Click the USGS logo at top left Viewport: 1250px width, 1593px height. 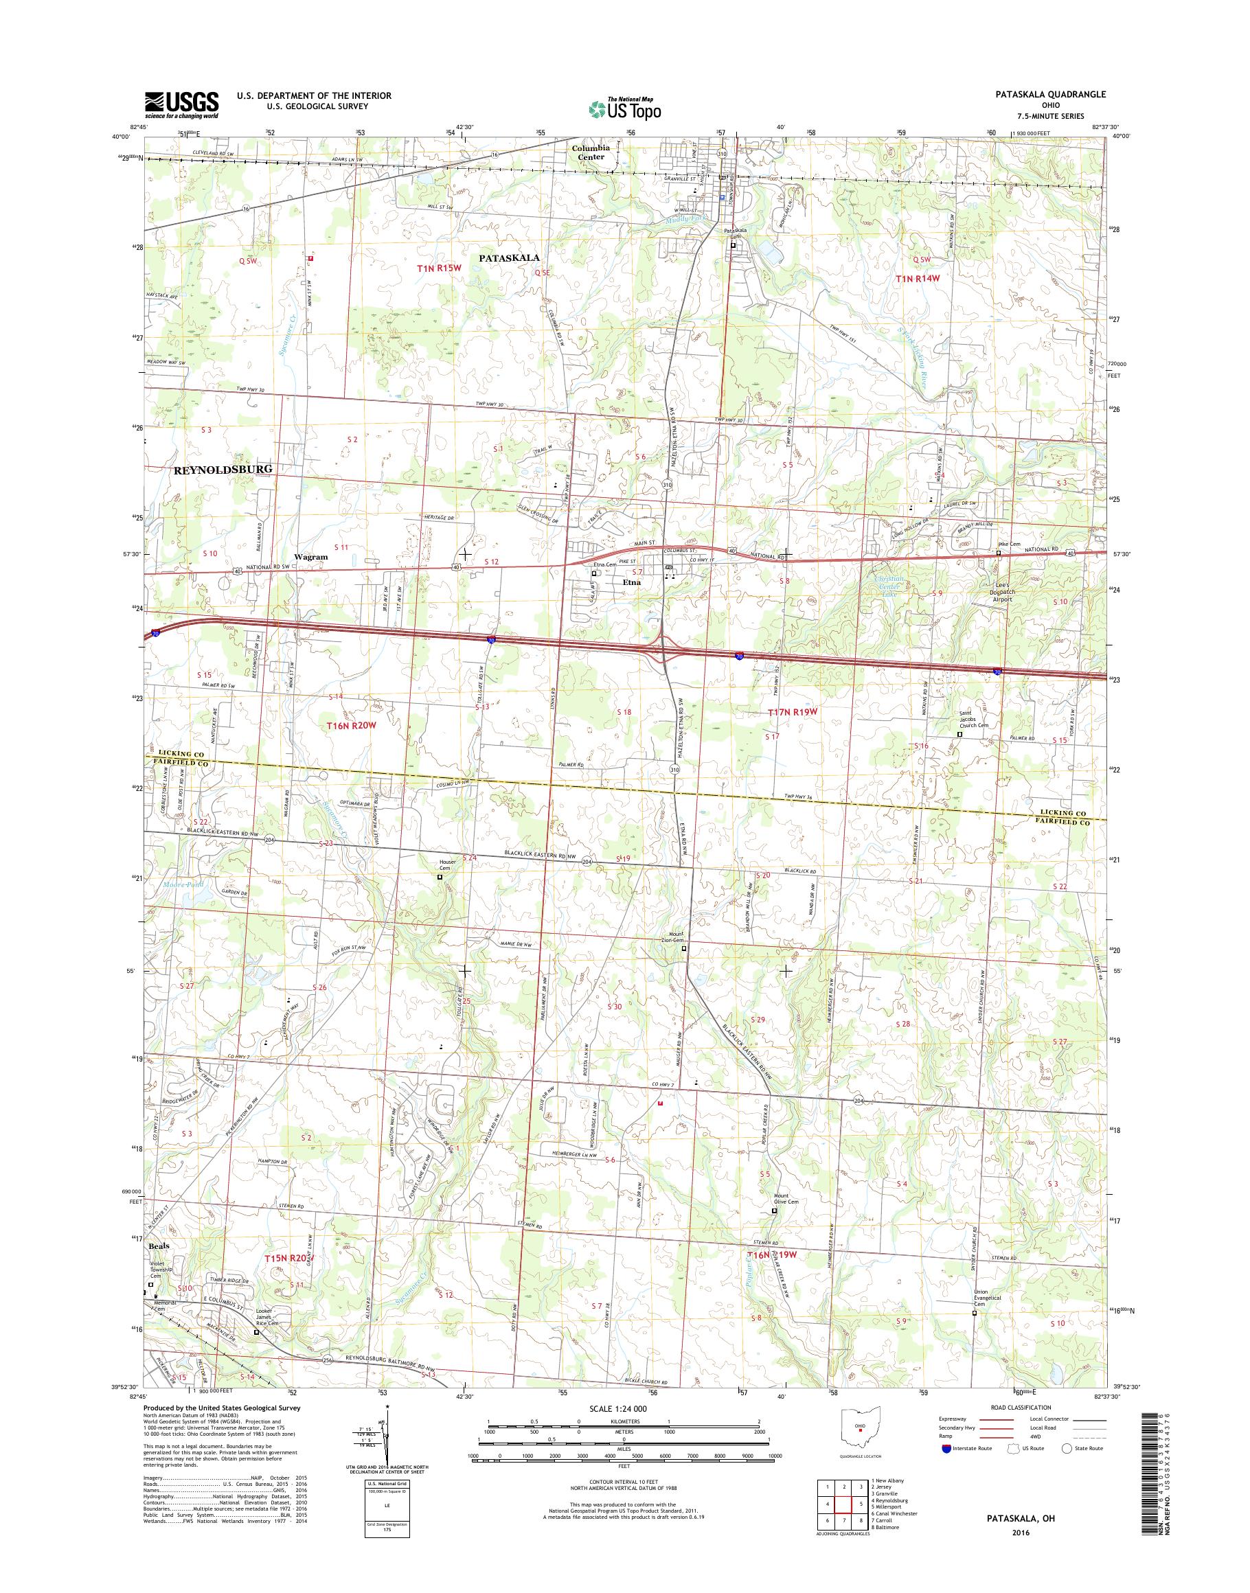pos(181,104)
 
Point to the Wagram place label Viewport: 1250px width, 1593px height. pos(311,557)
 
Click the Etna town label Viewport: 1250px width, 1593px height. pos(632,582)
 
